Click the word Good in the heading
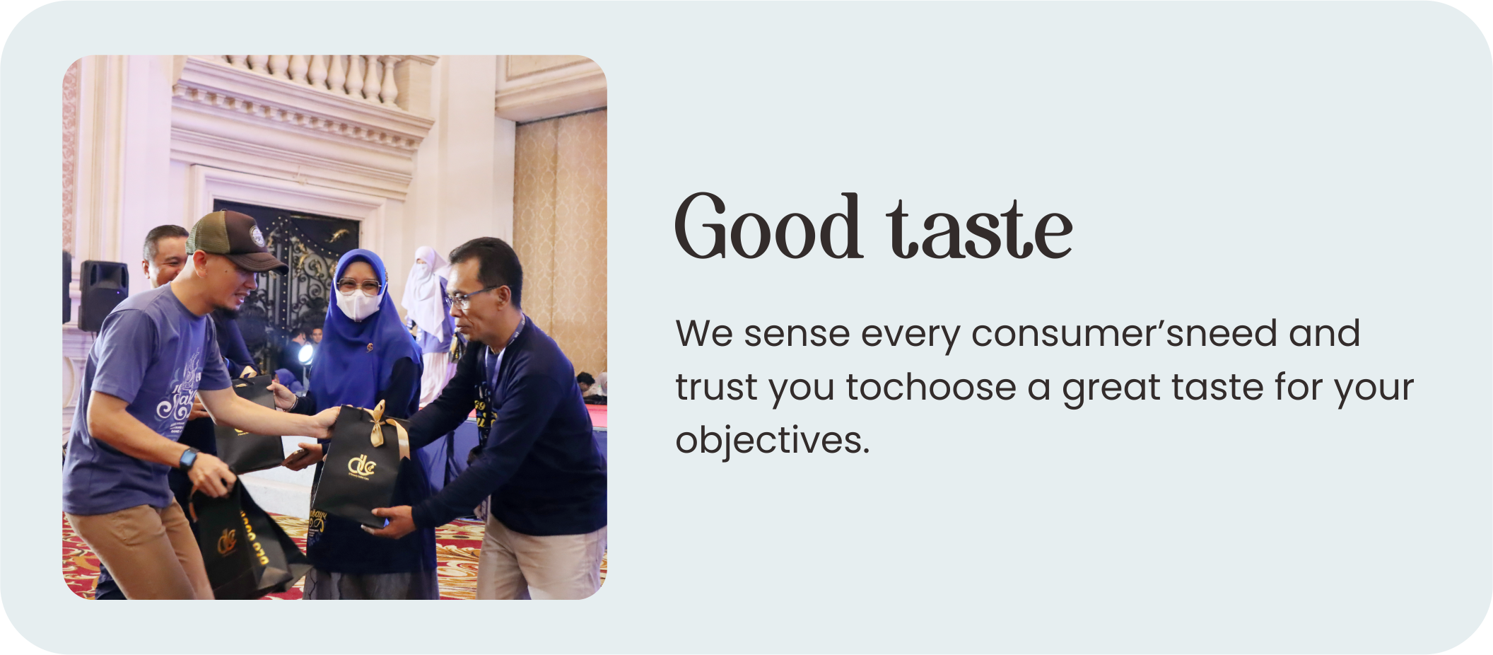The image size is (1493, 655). pyautogui.click(x=768, y=226)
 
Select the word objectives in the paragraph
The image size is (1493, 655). pyautogui.click(x=772, y=439)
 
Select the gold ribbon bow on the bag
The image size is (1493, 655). pyautogui.click(x=385, y=424)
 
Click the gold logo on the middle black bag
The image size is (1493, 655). pyautogui.click(x=361, y=465)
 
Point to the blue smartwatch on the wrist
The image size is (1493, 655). pyautogui.click(x=188, y=458)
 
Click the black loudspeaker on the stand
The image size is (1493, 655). pyautogui.click(x=103, y=294)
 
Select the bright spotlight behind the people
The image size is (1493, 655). pyautogui.click(x=305, y=353)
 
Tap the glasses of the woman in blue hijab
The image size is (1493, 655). pyautogui.click(x=359, y=286)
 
